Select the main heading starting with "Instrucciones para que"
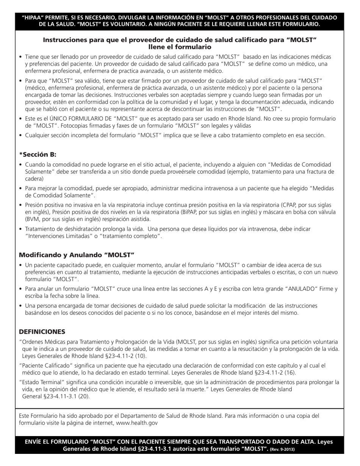(180, 43)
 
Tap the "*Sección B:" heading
(38, 154)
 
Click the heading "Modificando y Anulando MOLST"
(77, 255)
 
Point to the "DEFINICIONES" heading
(42, 332)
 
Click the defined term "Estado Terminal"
(41, 382)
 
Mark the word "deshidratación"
(80, 229)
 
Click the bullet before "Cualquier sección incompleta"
(20, 135)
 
